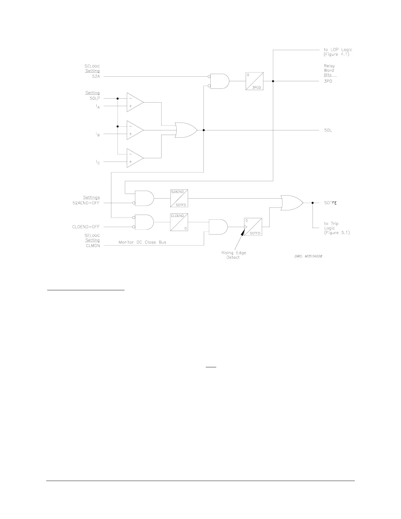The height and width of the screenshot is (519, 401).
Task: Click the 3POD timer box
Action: coord(255,81)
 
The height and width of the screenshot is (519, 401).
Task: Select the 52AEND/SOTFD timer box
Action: coord(179,198)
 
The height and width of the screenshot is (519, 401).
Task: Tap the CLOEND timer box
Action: coord(179,222)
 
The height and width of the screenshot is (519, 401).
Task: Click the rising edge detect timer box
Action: coord(253,227)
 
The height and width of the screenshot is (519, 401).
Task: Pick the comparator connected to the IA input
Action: coord(135,102)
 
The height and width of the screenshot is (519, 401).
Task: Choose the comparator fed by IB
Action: coord(135,130)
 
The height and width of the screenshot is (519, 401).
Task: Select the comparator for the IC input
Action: coord(135,158)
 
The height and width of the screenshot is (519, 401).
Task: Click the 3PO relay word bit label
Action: coord(328,81)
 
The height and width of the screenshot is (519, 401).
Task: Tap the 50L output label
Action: coord(328,130)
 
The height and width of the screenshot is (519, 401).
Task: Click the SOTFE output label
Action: coord(330,203)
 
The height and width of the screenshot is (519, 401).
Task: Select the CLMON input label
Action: coord(93,245)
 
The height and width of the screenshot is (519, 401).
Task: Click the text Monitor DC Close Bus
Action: coord(142,242)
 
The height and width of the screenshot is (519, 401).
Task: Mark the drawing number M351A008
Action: coord(308,256)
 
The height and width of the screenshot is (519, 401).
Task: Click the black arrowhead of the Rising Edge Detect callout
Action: coord(243,232)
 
